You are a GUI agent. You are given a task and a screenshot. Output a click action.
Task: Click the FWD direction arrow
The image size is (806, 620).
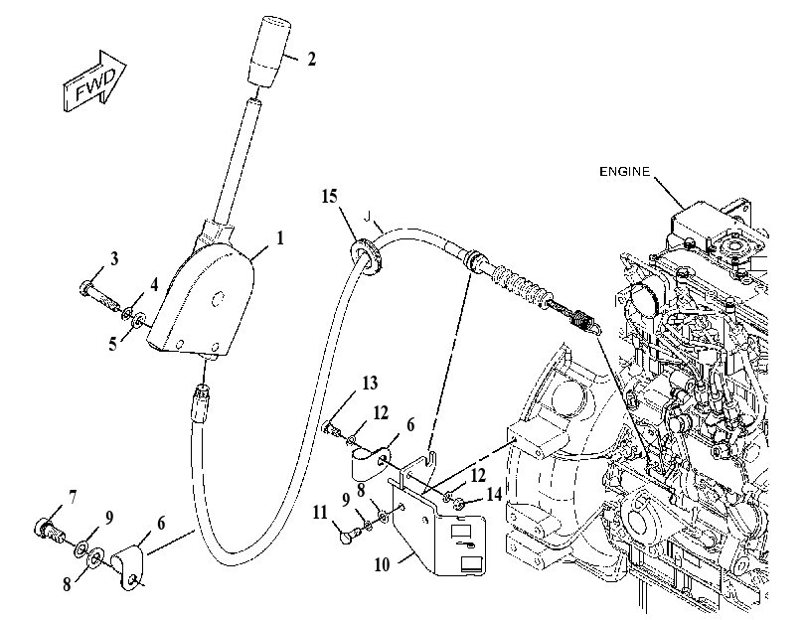coord(95,81)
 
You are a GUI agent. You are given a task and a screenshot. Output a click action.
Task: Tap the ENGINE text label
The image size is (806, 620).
coord(624,172)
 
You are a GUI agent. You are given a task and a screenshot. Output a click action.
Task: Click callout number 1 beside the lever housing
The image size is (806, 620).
coord(280,238)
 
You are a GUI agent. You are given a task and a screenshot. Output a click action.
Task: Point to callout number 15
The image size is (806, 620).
coord(330,197)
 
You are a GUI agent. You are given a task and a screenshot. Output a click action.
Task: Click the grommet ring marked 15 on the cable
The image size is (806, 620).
coord(367,255)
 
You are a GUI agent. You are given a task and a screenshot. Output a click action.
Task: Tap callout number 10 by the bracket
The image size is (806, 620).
coord(382,565)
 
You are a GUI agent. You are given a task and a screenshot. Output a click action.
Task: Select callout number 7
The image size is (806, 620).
coord(73,498)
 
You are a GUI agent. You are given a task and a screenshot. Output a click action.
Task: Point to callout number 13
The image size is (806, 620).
coord(370,383)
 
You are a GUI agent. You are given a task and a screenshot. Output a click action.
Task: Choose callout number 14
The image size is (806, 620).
coord(494,494)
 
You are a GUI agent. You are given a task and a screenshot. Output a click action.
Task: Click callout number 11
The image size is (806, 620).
coord(320,513)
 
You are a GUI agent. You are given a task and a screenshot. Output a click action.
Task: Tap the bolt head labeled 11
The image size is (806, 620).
coord(347,537)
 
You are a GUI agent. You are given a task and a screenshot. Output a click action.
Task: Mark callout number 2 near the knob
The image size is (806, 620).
coord(311,60)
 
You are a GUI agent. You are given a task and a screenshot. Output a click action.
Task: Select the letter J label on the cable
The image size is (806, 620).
coord(367,218)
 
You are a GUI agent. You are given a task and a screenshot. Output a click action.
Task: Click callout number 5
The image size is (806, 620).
coord(112,344)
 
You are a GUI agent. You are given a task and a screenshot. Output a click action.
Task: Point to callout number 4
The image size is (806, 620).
coord(154,285)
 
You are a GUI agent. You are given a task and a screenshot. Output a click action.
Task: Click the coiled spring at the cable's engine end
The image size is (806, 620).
coord(584,321)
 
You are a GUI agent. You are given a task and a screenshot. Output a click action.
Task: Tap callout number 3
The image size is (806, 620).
coord(114,258)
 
